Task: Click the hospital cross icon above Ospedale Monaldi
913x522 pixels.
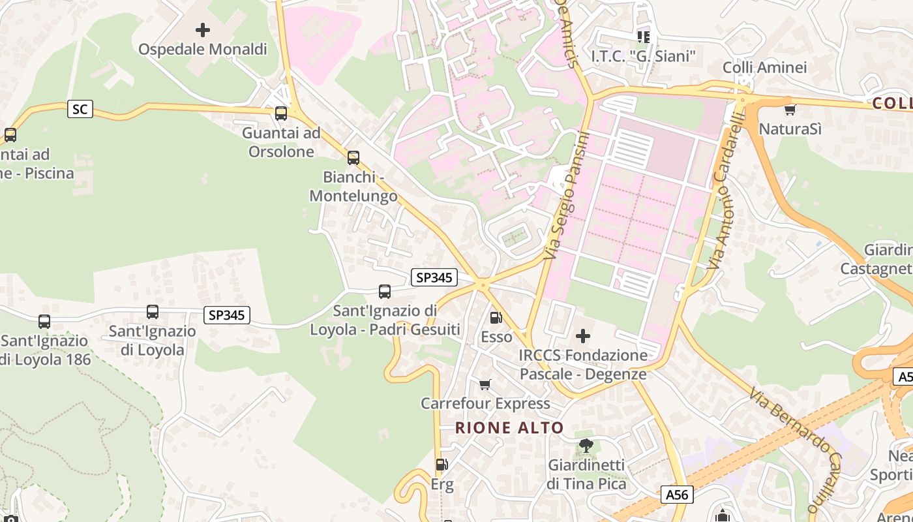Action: point(203,30)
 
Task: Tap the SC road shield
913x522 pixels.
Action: point(80,109)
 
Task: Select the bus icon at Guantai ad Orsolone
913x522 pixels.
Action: point(281,114)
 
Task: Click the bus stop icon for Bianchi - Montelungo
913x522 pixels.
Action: point(353,158)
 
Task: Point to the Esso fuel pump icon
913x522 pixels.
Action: point(496,318)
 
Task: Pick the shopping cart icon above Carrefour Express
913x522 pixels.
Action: point(485,384)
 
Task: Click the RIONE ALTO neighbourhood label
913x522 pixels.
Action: point(509,428)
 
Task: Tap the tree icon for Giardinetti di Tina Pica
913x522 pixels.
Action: point(586,446)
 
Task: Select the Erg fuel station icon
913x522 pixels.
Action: point(442,465)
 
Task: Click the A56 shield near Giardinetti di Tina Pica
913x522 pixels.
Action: point(676,495)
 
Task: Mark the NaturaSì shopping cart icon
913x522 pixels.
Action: point(790,110)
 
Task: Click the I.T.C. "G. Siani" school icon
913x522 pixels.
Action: point(644,37)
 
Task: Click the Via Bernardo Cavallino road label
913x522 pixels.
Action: point(793,449)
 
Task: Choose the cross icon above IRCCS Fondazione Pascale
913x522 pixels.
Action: point(583,337)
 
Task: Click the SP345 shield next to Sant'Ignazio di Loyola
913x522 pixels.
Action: point(226,315)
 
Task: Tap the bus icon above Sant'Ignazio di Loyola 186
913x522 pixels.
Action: point(44,322)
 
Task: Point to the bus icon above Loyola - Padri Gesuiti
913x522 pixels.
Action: point(385,292)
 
